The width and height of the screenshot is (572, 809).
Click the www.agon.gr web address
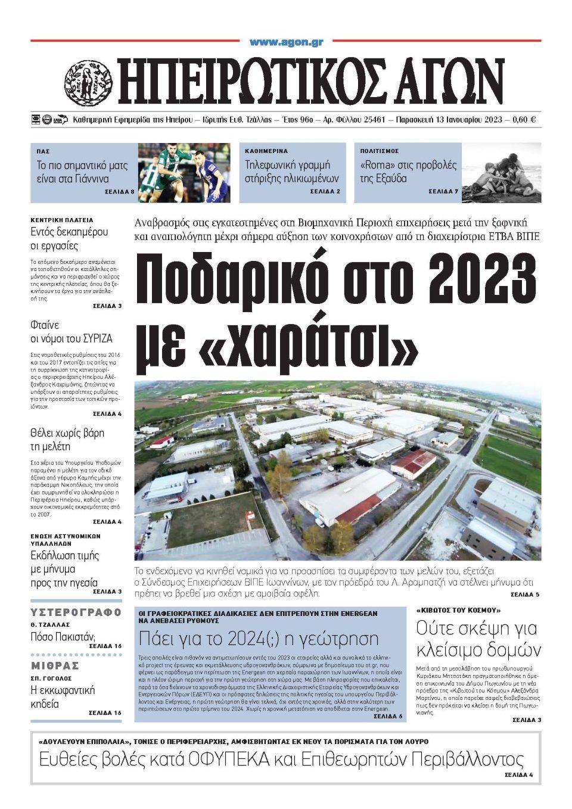(x=286, y=42)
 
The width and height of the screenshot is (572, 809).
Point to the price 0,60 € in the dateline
(x=524, y=120)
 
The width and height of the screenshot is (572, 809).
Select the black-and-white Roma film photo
(x=502, y=172)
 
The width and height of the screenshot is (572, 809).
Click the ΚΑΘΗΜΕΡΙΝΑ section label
(x=266, y=151)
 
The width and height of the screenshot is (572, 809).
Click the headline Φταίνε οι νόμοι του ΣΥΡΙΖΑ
(x=71, y=332)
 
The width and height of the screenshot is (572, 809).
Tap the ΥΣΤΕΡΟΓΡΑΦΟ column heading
(x=76, y=612)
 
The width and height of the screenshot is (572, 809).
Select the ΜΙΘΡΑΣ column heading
(x=55, y=665)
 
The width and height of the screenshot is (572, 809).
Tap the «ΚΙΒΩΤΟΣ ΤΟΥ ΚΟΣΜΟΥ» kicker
(x=450, y=611)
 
